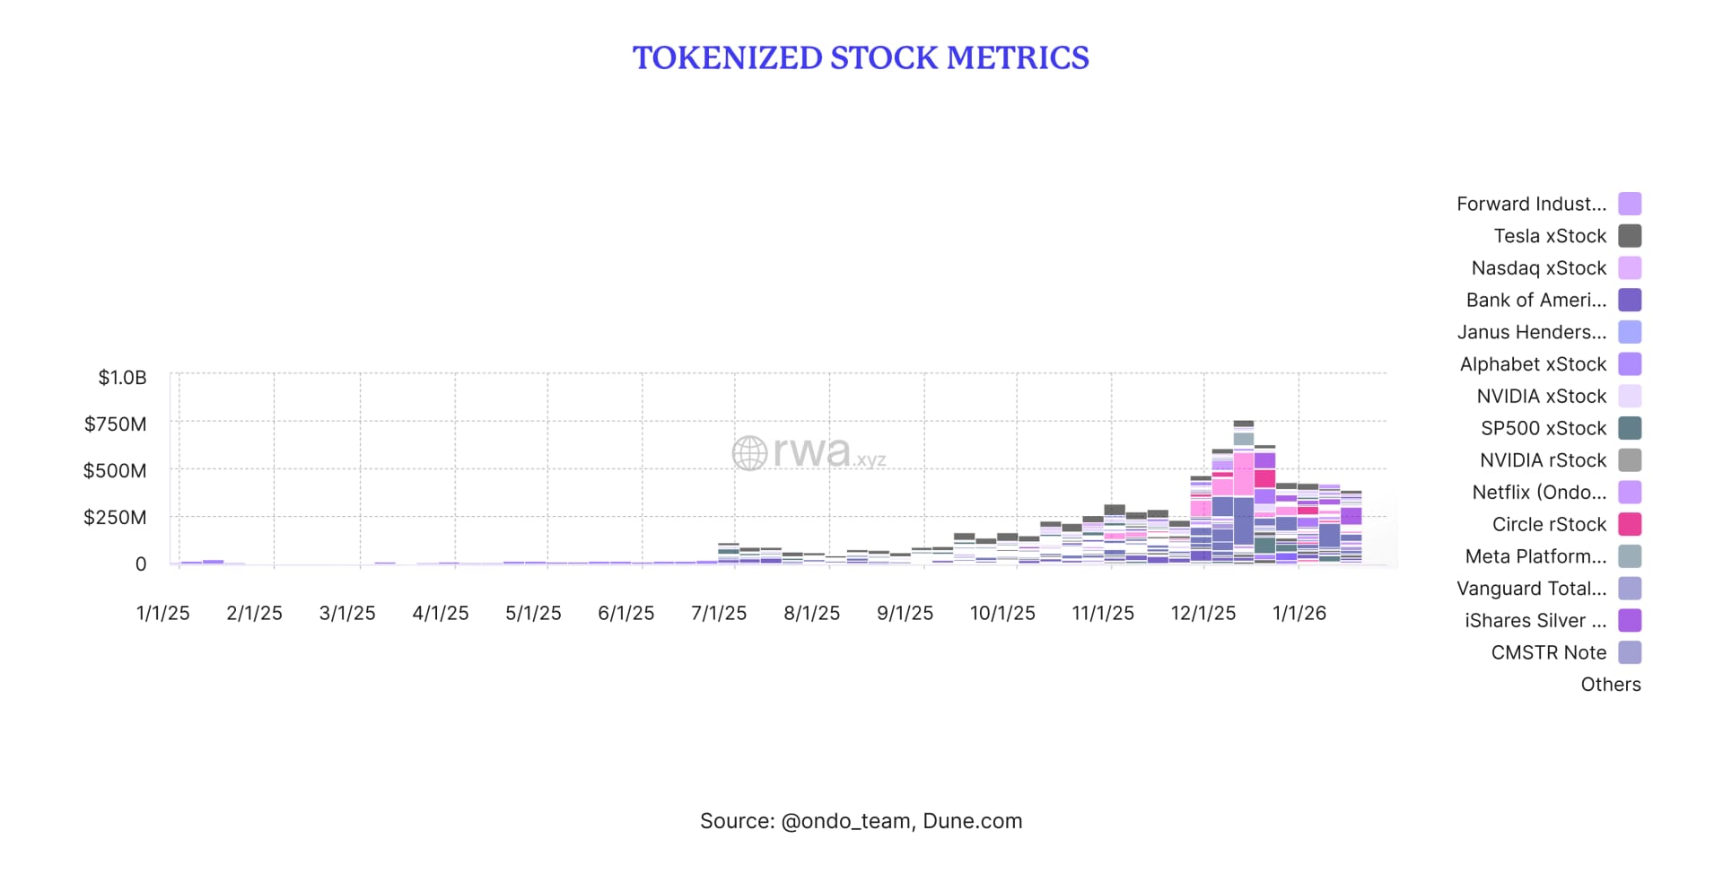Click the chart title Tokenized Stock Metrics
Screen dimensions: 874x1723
tap(861, 58)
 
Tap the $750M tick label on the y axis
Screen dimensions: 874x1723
tap(115, 424)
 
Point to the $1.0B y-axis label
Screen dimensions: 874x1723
tap(122, 377)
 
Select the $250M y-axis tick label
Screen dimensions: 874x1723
tap(115, 517)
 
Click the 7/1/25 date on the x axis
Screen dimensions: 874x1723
tap(718, 613)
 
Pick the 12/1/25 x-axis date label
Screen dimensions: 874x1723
tap(1203, 613)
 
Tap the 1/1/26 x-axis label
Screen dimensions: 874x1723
tap(1299, 613)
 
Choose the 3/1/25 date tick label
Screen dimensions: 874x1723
tap(347, 613)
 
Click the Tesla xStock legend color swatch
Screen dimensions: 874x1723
tap(1630, 236)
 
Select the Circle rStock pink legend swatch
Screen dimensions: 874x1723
tap(1630, 524)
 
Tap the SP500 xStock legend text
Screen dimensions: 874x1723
tap(1544, 428)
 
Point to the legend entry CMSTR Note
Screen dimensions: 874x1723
tap(1548, 652)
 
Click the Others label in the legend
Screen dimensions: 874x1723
tap(1610, 685)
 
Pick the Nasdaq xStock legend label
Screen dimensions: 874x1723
tap(1538, 268)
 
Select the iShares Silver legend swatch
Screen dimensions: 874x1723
tap(1630, 620)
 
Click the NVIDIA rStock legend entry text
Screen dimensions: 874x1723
tap(1543, 460)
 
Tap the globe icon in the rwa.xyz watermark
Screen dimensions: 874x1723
tap(749, 453)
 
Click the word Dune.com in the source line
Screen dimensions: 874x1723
tap(972, 821)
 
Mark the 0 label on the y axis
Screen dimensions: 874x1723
tap(141, 564)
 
